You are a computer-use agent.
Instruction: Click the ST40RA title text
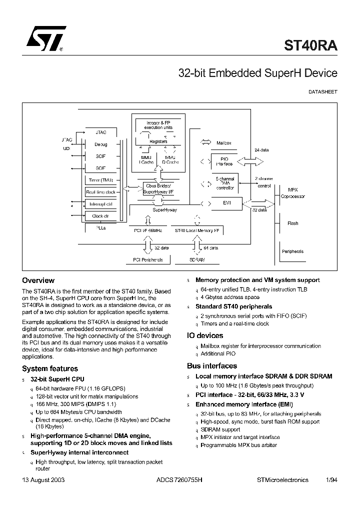point(311,45)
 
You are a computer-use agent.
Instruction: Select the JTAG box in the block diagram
point(101,132)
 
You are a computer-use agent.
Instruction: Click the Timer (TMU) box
point(101,180)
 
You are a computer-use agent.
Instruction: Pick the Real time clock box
point(101,192)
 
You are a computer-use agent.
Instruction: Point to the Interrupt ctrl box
point(101,204)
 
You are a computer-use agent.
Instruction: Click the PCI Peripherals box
point(148,260)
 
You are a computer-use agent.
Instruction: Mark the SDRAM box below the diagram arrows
point(197,260)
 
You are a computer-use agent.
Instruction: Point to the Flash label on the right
point(293,223)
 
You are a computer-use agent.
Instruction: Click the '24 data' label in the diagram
point(261,150)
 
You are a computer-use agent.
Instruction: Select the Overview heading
point(38,280)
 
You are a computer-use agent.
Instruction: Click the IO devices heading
point(205,335)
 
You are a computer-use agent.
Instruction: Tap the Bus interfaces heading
point(212,365)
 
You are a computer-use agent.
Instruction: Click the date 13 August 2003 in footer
point(43,480)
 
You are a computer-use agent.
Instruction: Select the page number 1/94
point(331,480)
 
